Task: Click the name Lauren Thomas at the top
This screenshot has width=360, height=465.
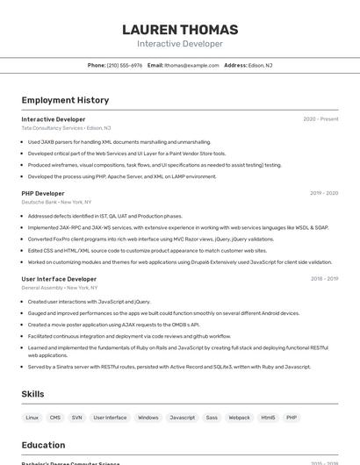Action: tap(180, 29)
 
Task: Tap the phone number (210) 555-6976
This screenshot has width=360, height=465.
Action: tap(125, 65)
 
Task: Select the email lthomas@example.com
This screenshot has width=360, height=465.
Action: tap(191, 65)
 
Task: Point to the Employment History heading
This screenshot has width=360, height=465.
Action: tap(65, 100)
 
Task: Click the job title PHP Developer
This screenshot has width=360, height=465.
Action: tap(43, 193)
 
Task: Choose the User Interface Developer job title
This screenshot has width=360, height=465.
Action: tap(59, 279)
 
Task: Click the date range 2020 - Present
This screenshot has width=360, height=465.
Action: tap(320, 119)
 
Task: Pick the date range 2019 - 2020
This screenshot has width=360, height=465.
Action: tap(324, 193)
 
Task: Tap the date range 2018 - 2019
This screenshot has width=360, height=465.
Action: tap(324, 279)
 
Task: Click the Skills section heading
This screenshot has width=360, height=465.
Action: tap(32, 394)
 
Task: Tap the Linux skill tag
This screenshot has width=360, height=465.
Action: tap(32, 418)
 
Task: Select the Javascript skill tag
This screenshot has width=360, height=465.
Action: tap(182, 418)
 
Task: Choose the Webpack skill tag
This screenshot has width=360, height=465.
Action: tap(240, 418)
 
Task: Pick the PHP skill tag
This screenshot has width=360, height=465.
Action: tap(292, 418)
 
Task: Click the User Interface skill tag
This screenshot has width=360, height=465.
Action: tap(110, 418)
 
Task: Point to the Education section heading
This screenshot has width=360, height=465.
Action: tap(43, 445)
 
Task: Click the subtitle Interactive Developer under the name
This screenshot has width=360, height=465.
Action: tap(180, 44)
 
